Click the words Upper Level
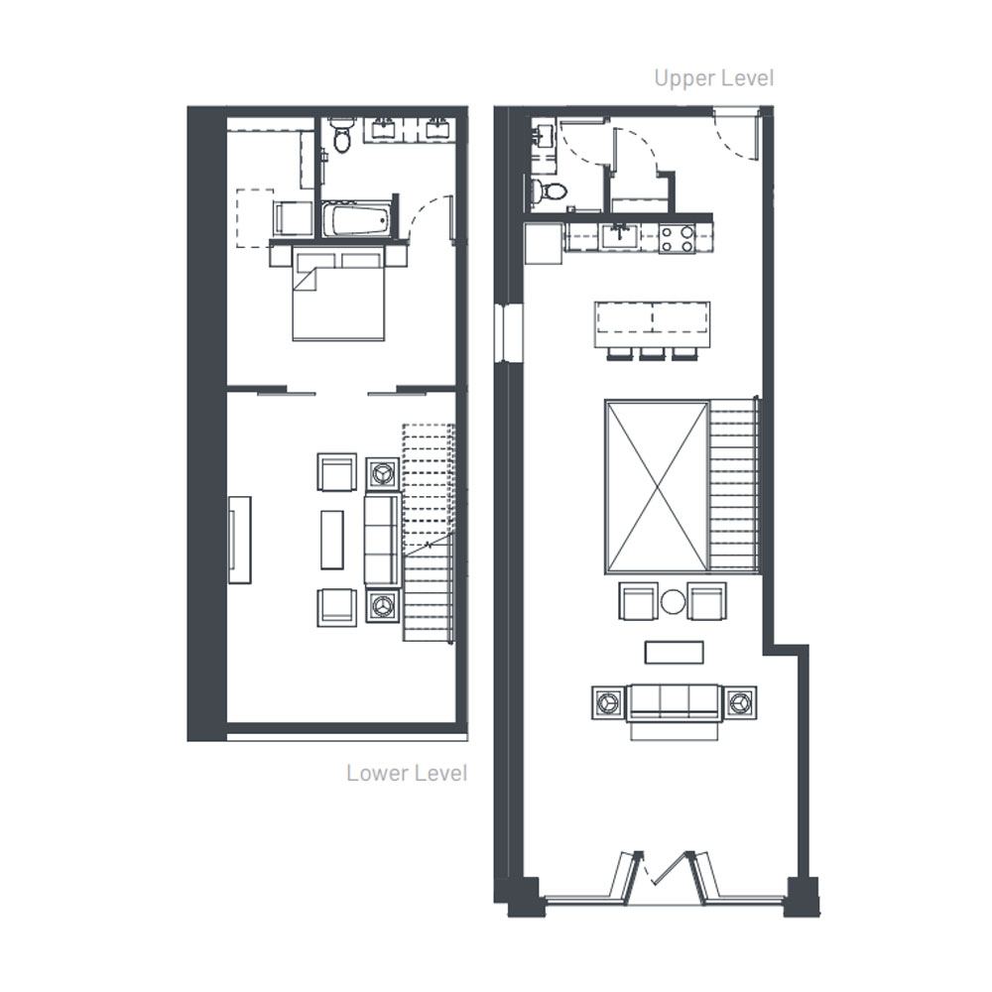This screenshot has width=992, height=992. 713,78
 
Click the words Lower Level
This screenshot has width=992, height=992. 407,773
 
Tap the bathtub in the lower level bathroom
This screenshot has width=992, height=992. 356,219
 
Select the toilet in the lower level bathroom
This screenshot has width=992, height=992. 341,134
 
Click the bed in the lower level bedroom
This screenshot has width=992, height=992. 338,294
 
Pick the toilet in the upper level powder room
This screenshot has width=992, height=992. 550,189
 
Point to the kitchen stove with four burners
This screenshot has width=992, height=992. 677,239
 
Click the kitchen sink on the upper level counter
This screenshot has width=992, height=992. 618,237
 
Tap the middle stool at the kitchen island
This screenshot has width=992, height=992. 653,354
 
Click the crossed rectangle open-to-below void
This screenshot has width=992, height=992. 657,486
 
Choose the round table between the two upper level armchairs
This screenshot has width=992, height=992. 673,602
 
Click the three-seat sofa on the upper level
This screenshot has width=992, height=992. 674,704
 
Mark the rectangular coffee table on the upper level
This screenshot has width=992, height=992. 674,653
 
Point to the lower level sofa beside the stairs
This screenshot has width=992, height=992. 382,540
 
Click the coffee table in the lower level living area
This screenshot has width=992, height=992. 332,540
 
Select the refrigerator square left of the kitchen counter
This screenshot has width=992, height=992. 544,243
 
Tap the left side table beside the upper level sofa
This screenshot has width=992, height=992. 609,702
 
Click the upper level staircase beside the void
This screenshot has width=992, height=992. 734,485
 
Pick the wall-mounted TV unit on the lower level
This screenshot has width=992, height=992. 240,540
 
